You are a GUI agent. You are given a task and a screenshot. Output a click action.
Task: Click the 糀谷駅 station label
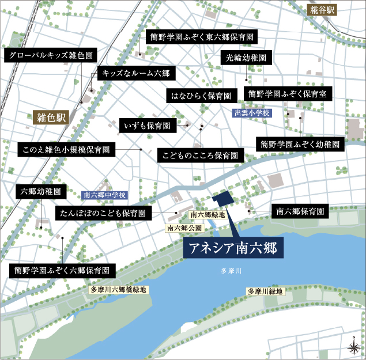tap(322, 10)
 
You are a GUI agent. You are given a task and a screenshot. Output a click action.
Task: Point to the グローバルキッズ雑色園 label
tap(50, 56)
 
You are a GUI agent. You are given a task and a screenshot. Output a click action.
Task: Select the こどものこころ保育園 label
tap(200, 156)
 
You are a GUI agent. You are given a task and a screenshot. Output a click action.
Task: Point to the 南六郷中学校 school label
tap(105, 195)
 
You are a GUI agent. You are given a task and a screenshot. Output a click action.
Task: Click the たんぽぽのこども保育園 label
tap(104, 214)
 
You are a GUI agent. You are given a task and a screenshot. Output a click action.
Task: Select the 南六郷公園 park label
tap(184, 228)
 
